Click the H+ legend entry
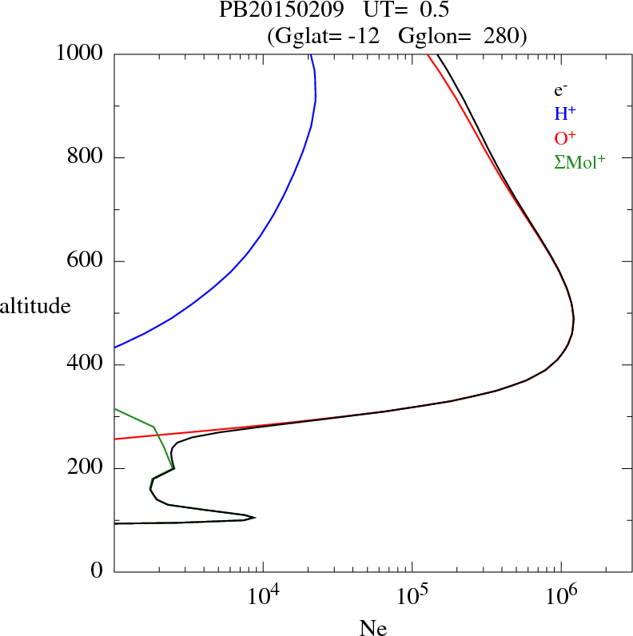click(565, 113)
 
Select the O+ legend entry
click(565, 137)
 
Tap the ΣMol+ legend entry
click(579, 161)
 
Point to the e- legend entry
click(561, 90)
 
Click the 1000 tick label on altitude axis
click(80, 54)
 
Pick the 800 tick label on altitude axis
click(86, 157)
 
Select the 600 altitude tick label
click(86, 261)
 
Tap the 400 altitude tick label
click(86, 365)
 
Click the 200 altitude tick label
click(86, 468)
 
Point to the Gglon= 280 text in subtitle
click(460, 36)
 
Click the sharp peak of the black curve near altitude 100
click(255, 518)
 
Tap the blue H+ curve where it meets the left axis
click(116, 348)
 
